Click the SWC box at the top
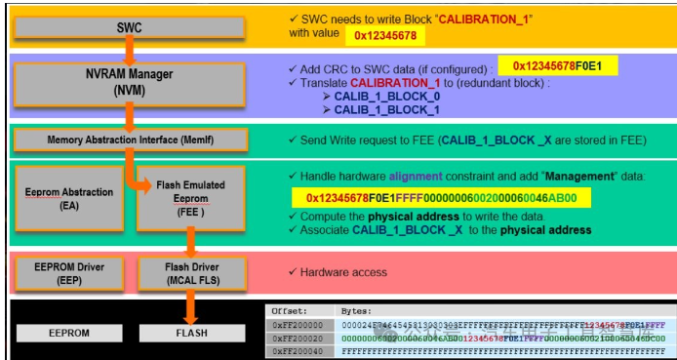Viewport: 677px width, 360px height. (x=130, y=27)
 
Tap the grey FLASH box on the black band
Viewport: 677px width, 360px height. (x=190, y=333)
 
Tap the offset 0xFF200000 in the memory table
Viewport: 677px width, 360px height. (x=297, y=322)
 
